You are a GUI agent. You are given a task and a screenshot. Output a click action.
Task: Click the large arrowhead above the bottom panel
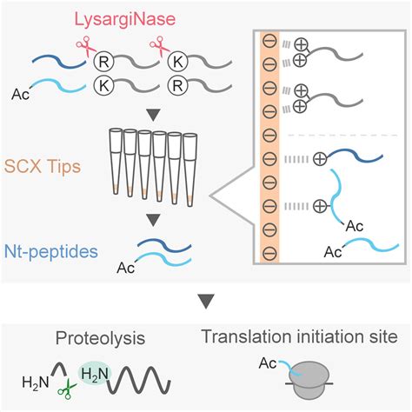point(206,301)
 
